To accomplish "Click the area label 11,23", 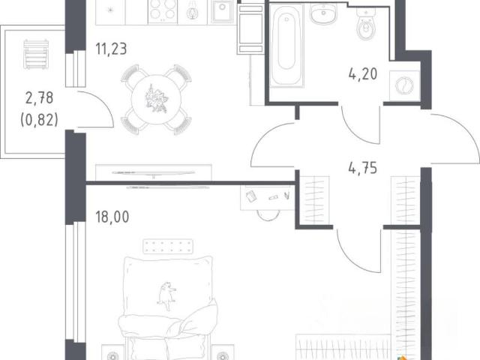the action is (111, 49).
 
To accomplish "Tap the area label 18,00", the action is (112, 217).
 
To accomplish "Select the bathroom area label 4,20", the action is (363, 74).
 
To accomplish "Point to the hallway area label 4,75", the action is (363, 168).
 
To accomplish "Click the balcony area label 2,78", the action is (40, 98).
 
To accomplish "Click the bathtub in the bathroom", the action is (286, 45).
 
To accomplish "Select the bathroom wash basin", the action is (323, 14).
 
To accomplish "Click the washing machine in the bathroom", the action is (404, 85).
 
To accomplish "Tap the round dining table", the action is (156, 99).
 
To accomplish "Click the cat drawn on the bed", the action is (166, 295).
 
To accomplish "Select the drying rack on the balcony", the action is (36, 54).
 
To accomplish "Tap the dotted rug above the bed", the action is (168, 247).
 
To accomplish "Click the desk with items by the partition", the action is (267, 198).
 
